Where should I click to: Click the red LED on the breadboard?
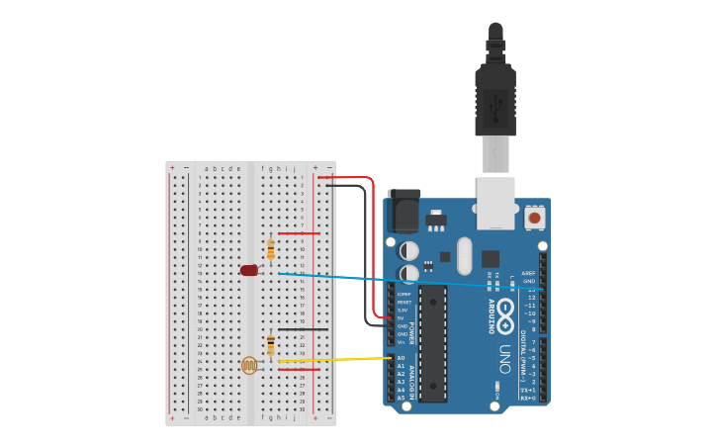(x=248, y=270)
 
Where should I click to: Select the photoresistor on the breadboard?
(x=248, y=366)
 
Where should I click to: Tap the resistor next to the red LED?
(x=271, y=249)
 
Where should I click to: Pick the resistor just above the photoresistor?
(x=271, y=344)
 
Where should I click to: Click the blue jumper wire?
(x=396, y=280)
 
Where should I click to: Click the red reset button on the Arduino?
(x=534, y=217)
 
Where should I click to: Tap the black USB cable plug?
(x=495, y=94)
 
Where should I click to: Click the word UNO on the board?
(x=503, y=357)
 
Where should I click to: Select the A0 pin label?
(x=401, y=358)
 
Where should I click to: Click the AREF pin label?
(x=528, y=273)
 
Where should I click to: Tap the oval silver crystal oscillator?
(x=465, y=255)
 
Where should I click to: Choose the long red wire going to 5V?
(x=373, y=247)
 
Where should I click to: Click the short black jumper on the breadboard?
(x=303, y=329)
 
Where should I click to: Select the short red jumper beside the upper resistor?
(x=299, y=233)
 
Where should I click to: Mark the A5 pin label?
(x=401, y=398)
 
